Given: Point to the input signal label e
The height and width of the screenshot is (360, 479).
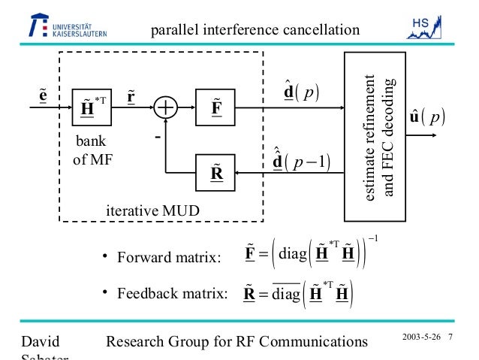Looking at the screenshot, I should click(x=43, y=95).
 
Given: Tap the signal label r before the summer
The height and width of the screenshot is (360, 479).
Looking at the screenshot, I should click(x=133, y=95).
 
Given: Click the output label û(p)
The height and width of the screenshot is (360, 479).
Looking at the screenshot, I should click(x=426, y=118).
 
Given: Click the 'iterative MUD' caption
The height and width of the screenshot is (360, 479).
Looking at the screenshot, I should click(x=152, y=211).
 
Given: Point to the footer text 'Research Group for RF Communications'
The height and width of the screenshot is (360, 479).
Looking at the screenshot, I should click(x=238, y=343).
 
